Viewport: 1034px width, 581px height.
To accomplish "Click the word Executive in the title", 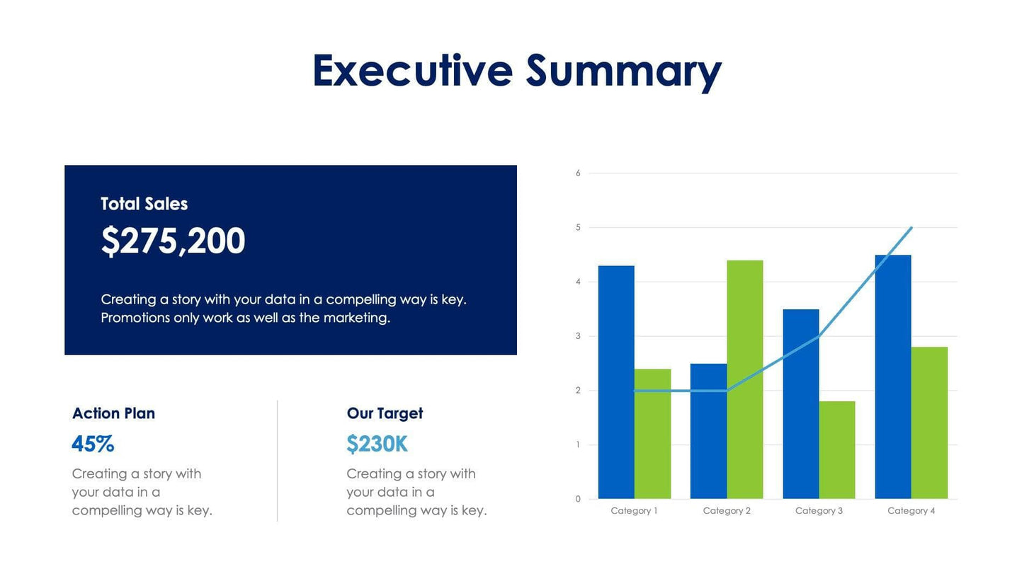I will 412,71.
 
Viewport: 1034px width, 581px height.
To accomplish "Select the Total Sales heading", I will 144,204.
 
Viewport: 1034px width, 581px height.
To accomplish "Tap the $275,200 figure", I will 173,241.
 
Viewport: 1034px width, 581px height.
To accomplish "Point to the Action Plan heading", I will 113,413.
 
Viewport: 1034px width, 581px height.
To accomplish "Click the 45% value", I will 93,444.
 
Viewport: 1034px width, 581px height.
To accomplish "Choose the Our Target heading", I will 385,413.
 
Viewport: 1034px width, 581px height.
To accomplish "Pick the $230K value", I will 377,444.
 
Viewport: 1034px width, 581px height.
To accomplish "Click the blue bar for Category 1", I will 616,382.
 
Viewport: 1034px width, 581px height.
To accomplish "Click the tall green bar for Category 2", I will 745,379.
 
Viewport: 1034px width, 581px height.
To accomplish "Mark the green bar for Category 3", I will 837,450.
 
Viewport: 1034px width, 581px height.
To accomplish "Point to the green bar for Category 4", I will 929,422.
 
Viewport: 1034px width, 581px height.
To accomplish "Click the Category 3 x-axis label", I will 819,511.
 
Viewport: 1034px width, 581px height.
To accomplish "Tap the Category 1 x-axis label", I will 634,511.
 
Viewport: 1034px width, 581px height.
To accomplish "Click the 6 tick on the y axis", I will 578,173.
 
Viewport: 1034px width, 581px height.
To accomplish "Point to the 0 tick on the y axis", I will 578,499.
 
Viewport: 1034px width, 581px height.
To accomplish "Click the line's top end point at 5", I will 911,228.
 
